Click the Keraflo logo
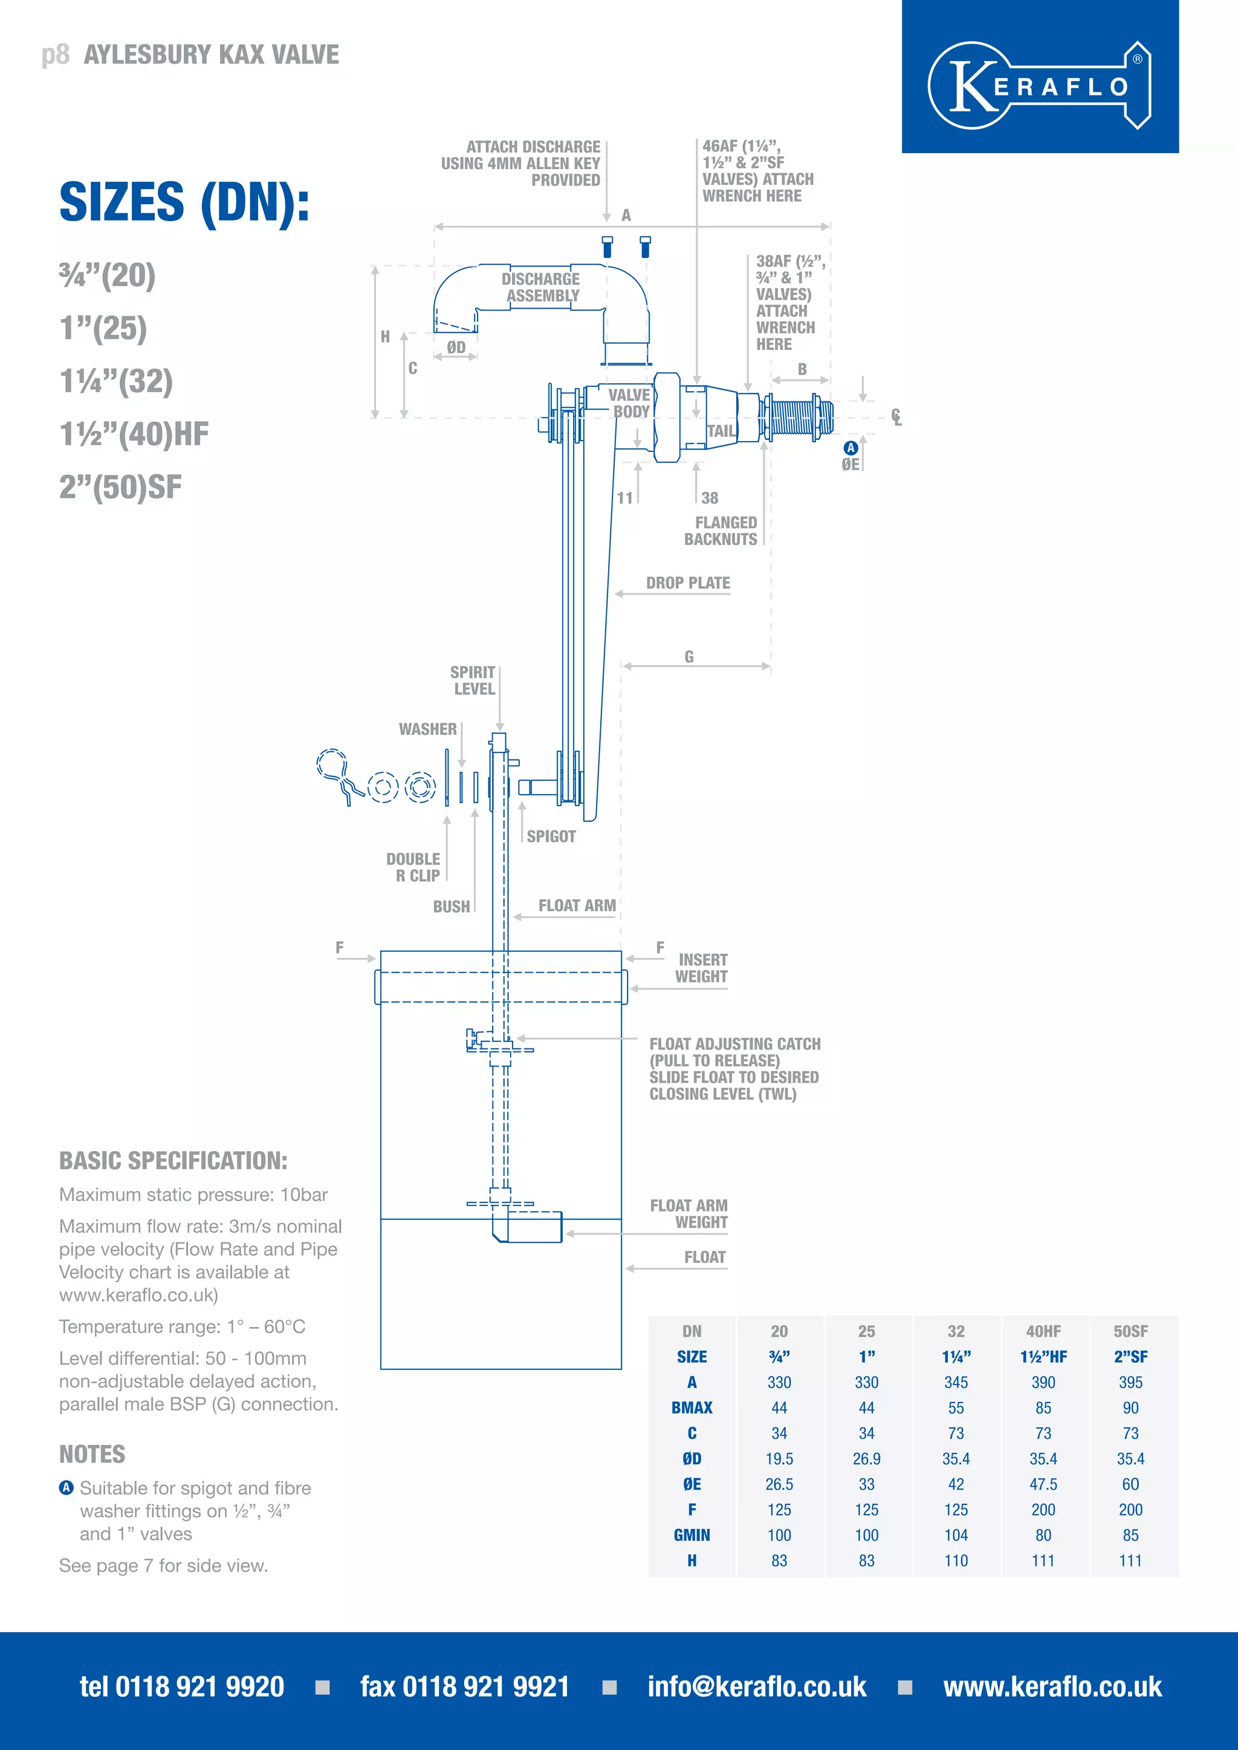coord(1039,85)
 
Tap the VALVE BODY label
coord(630,403)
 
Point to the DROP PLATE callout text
coord(687,583)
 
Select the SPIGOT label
coord(551,836)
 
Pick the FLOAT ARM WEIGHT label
coord(689,1213)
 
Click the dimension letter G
coord(689,656)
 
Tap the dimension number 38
coord(710,498)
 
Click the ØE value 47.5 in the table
coord(1043,1484)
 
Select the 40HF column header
coord(1043,1332)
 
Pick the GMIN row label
coord(692,1535)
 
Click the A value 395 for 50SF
coord(1130,1382)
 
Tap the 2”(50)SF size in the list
coord(120,487)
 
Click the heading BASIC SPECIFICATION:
coord(173,1161)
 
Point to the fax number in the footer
coord(464,1687)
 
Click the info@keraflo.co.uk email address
coord(756,1687)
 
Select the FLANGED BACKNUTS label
coord(721,531)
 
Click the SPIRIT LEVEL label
coord(473,680)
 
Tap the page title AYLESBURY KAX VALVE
coord(211,55)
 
